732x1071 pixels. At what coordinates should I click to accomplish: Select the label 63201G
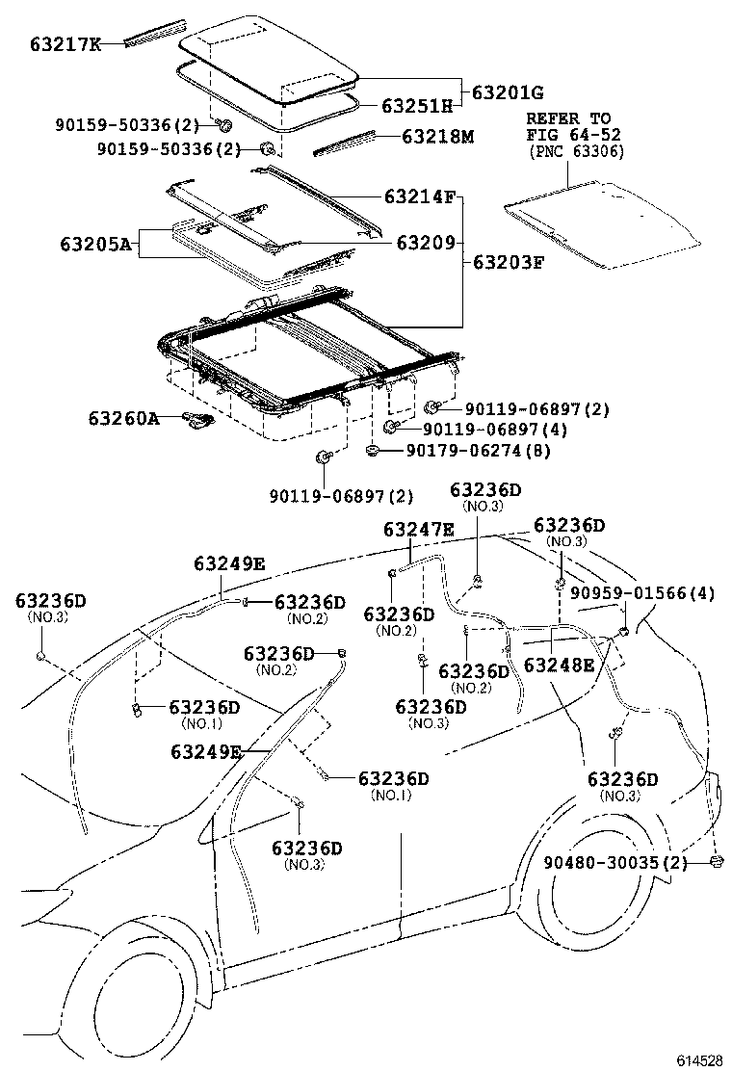point(508,92)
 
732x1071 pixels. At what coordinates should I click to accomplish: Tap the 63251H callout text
point(417,106)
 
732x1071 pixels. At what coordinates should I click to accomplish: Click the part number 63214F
point(419,196)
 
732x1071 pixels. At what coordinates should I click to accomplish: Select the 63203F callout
point(508,261)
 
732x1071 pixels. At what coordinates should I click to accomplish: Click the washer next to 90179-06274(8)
point(372,450)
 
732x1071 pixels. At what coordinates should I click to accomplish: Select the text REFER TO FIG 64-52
point(569,126)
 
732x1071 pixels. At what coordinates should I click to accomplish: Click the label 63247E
point(419,529)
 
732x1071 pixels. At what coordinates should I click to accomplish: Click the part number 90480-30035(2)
point(615,862)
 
